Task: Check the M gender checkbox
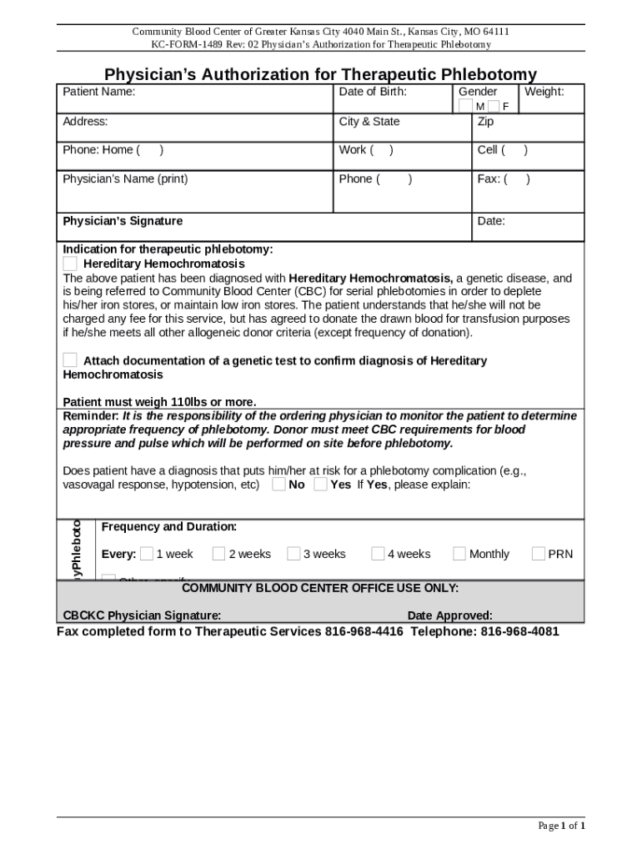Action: (x=465, y=106)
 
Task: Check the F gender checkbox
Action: (x=494, y=106)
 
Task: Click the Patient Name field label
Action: (x=99, y=92)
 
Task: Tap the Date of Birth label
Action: (x=373, y=92)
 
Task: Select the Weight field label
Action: (x=544, y=92)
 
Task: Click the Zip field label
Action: (x=485, y=122)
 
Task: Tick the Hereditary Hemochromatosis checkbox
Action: (x=71, y=264)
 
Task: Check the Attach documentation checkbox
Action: (x=71, y=360)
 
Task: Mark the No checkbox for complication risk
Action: (x=278, y=485)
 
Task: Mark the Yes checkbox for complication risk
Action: (x=320, y=485)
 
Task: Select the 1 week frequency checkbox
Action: (x=147, y=554)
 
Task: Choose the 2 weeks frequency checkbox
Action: (x=218, y=554)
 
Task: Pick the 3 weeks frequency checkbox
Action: (x=293, y=554)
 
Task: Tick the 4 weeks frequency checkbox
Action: (x=378, y=554)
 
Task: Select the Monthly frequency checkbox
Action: (x=459, y=554)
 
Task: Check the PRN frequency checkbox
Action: (x=538, y=554)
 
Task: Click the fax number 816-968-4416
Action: (x=364, y=632)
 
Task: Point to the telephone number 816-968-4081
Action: (x=519, y=632)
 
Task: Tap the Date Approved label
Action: (x=449, y=616)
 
